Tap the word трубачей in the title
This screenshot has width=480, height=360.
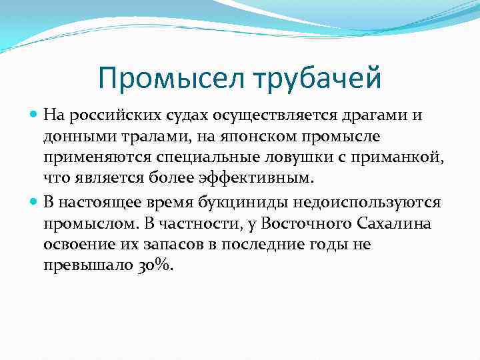319,79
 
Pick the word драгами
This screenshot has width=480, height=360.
372,115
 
